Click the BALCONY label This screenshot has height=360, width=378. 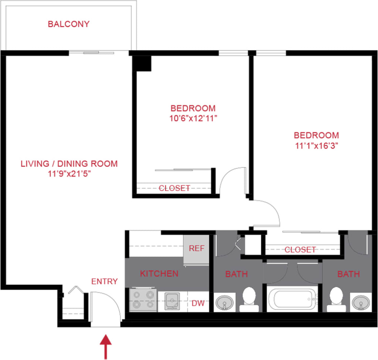coord(69,24)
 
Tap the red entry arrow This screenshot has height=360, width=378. coord(106,346)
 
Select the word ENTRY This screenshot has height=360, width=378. coord(105,281)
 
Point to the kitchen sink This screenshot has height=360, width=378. coord(172,300)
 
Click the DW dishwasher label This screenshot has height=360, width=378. coord(198,303)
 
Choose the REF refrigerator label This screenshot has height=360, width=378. coord(197,248)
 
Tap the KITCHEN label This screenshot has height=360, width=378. coord(159,274)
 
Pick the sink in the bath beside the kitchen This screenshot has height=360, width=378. coord(224,303)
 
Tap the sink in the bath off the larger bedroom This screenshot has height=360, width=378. coord(360,303)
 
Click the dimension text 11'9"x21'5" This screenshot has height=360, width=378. coord(69,174)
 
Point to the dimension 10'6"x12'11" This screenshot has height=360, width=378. coord(193,118)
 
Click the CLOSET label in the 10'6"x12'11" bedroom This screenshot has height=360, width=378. coord(174,188)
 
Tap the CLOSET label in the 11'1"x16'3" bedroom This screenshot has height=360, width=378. coord(300,250)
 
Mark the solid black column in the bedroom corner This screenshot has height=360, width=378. coord(143,63)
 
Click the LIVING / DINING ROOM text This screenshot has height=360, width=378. coord(69,164)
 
